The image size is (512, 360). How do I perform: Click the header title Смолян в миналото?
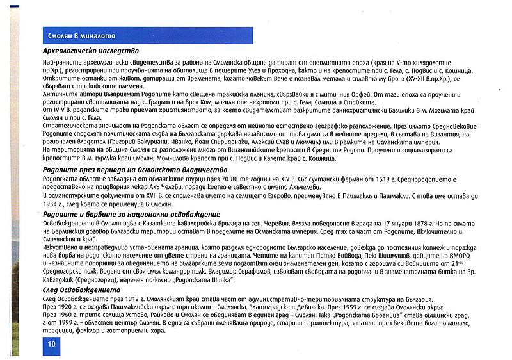(82, 36)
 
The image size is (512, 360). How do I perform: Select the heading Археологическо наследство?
(90, 51)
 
